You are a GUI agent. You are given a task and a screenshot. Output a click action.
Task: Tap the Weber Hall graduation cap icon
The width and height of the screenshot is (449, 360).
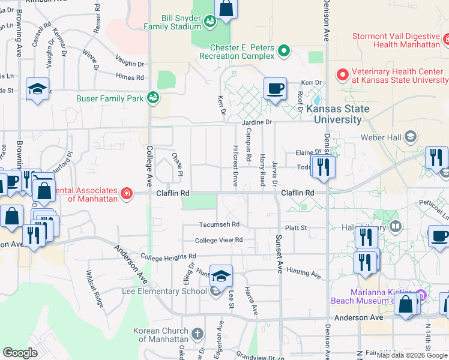(x=411, y=136)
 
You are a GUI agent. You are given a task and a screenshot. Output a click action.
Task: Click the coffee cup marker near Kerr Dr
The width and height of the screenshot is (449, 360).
(x=275, y=89)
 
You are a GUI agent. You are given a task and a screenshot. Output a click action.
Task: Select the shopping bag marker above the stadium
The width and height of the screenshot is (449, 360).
(x=226, y=8)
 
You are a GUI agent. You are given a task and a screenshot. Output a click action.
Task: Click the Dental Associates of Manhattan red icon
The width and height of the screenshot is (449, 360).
(x=126, y=193)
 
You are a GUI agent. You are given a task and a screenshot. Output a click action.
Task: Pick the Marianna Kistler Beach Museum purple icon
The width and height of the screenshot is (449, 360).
(x=420, y=295)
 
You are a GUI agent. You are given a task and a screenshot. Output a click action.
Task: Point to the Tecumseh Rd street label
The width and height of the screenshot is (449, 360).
(x=220, y=224)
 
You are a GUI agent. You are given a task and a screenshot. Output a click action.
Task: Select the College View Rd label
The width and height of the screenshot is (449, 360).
(x=218, y=240)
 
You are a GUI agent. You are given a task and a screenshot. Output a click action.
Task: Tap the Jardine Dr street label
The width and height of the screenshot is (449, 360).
(x=257, y=122)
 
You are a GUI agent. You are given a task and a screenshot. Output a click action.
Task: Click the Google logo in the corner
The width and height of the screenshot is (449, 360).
(x=20, y=353)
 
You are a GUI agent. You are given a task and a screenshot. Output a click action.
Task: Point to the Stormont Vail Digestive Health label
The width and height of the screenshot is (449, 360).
(x=396, y=40)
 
